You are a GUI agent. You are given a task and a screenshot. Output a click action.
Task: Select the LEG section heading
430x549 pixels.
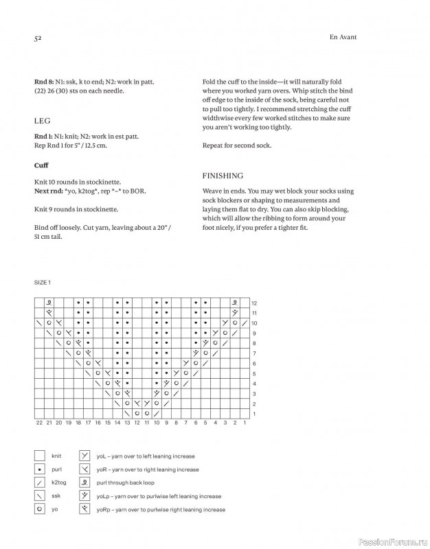click(x=42, y=121)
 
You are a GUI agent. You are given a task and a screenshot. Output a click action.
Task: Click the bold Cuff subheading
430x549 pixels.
click(x=41, y=165)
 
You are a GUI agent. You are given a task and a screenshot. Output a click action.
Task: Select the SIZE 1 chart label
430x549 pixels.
click(x=43, y=283)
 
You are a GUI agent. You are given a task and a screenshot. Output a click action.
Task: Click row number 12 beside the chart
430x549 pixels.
click(x=253, y=303)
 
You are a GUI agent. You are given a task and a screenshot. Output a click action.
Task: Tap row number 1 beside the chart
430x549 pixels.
click(x=253, y=414)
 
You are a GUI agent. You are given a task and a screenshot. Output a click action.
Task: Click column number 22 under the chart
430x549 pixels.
click(x=39, y=423)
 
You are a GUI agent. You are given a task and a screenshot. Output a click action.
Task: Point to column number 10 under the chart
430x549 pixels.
click(x=157, y=423)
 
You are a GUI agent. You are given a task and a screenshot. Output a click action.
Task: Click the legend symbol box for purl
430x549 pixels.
click(x=40, y=470)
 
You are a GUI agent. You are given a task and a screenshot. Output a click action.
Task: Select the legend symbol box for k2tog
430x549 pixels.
click(x=40, y=483)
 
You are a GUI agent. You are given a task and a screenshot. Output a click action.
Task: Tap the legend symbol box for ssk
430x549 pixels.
click(x=40, y=496)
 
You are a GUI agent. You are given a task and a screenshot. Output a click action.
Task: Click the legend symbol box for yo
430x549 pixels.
click(x=40, y=509)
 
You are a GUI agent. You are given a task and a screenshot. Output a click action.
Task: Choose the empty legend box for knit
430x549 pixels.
click(x=40, y=456)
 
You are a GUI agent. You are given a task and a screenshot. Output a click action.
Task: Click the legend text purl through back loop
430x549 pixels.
click(x=130, y=483)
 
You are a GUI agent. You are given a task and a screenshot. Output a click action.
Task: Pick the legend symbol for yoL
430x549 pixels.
click(x=85, y=456)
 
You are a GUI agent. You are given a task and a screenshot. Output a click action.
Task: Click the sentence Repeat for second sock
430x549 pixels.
click(x=237, y=145)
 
